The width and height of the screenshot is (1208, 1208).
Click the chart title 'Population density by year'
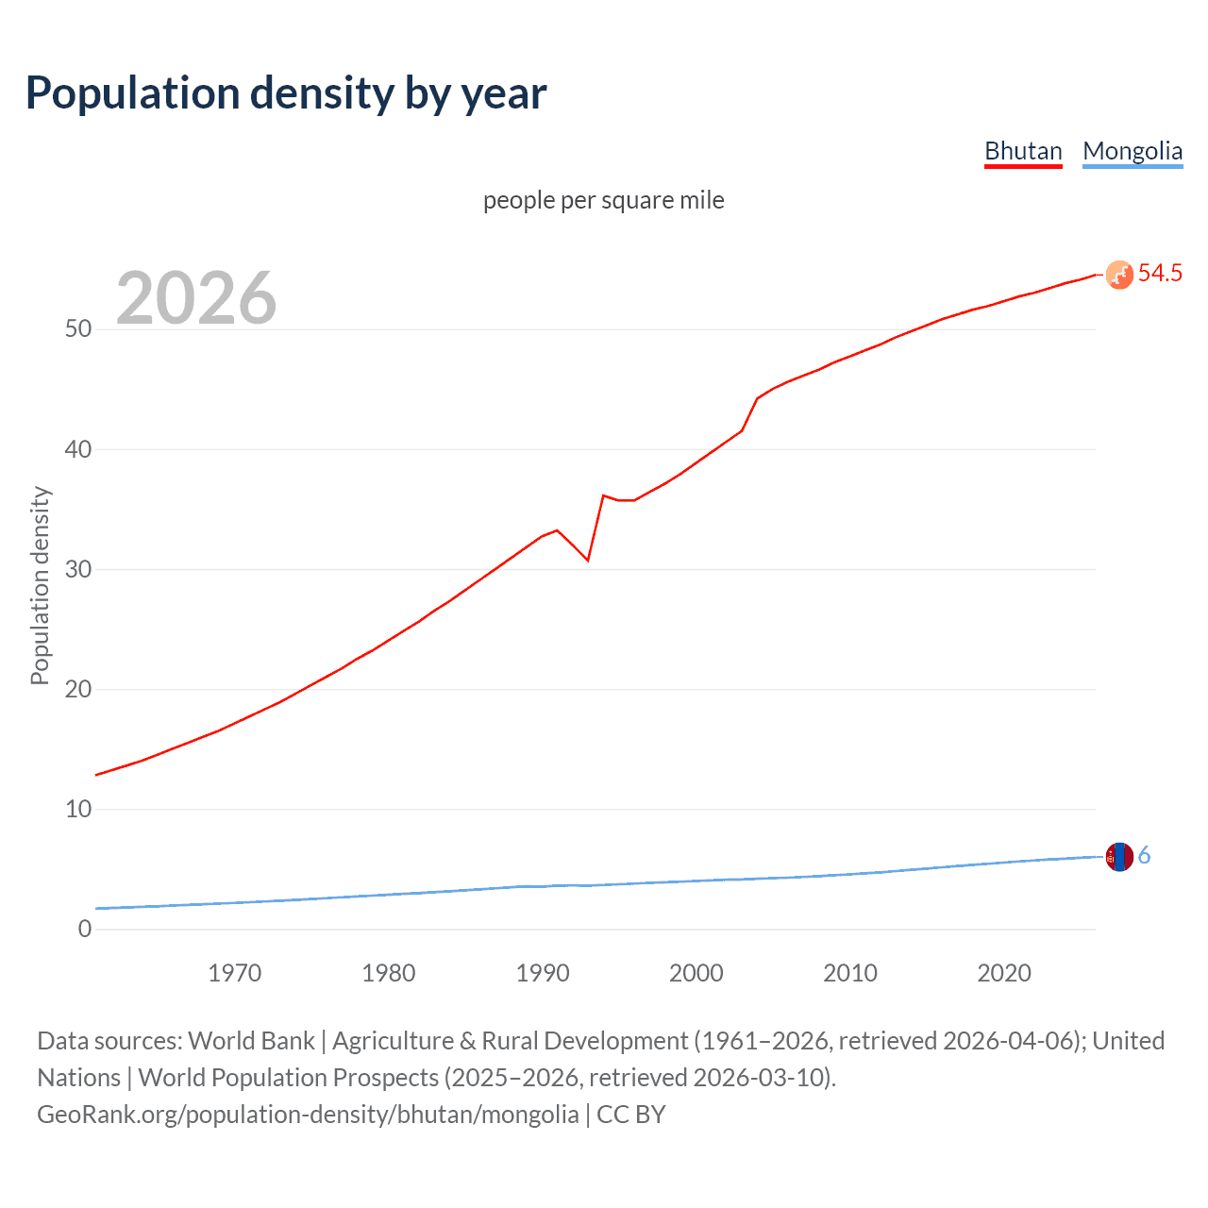[286, 93]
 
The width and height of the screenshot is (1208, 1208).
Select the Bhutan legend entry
[1023, 151]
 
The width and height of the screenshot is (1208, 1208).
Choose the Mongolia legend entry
[1132, 151]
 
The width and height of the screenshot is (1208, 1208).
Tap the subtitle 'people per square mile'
[603, 200]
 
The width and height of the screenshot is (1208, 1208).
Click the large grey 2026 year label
[196, 298]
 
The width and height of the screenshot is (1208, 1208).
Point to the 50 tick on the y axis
[78, 329]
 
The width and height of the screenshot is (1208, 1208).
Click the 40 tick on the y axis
[78, 449]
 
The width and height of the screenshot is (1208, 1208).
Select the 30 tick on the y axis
[78, 569]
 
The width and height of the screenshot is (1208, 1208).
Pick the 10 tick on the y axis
[78, 809]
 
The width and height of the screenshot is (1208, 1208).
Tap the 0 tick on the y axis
[85, 929]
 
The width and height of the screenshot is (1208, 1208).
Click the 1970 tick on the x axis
[234, 973]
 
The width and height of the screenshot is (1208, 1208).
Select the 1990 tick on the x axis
[543, 973]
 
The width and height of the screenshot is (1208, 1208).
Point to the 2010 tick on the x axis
[850, 973]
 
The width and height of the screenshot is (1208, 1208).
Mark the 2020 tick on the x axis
[1004, 973]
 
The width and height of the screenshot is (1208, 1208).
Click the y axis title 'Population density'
[40, 585]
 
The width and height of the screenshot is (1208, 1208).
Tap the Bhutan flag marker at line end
[1118, 275]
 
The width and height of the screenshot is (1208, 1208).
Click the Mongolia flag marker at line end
[1118, 856]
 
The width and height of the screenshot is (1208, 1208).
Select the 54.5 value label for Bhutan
[1160, 274]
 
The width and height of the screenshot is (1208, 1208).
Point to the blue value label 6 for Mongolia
[1144, 856]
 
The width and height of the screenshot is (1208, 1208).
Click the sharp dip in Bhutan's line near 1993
[587, 560]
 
